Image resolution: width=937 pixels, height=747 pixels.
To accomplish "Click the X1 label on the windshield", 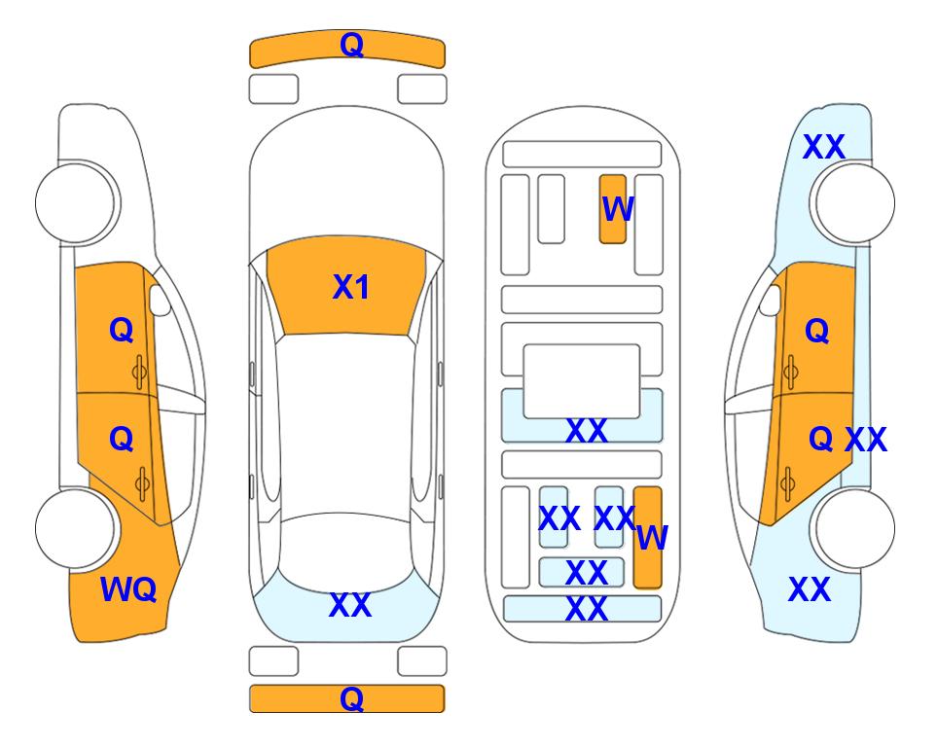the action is click(351, 287).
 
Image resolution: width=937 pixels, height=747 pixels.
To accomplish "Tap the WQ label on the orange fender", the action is click(128, 589).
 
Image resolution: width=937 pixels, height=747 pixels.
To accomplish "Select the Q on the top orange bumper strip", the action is click(352, 45).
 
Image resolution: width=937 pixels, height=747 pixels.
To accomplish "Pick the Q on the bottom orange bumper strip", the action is click(352, 698).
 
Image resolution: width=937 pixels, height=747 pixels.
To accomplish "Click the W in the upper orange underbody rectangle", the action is click(618, 209).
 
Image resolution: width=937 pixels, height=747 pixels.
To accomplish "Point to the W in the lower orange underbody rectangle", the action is click(652, 538).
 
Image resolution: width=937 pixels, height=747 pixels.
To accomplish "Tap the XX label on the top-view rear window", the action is click(350, 605).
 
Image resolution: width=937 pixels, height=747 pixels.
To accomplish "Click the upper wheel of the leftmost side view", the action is click(75, 202).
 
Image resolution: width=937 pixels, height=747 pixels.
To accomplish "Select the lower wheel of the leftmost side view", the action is click(75, 528).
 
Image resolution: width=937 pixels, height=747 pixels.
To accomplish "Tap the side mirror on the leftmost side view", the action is click(160, 300).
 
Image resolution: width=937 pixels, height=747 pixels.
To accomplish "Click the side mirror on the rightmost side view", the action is click(771, 300).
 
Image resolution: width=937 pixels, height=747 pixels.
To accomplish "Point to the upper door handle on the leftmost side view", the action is click(139, 373).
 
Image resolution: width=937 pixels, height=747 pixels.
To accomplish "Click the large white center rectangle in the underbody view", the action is click(582, 381).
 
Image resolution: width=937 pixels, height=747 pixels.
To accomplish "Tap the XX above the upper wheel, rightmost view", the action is click(824, 147).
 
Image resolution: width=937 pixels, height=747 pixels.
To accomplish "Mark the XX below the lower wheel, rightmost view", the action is click(810, 589).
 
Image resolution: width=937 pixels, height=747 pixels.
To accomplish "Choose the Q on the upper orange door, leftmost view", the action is click(122, 330).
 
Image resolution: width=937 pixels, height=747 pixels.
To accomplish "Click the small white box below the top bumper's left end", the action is click(273, 89).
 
